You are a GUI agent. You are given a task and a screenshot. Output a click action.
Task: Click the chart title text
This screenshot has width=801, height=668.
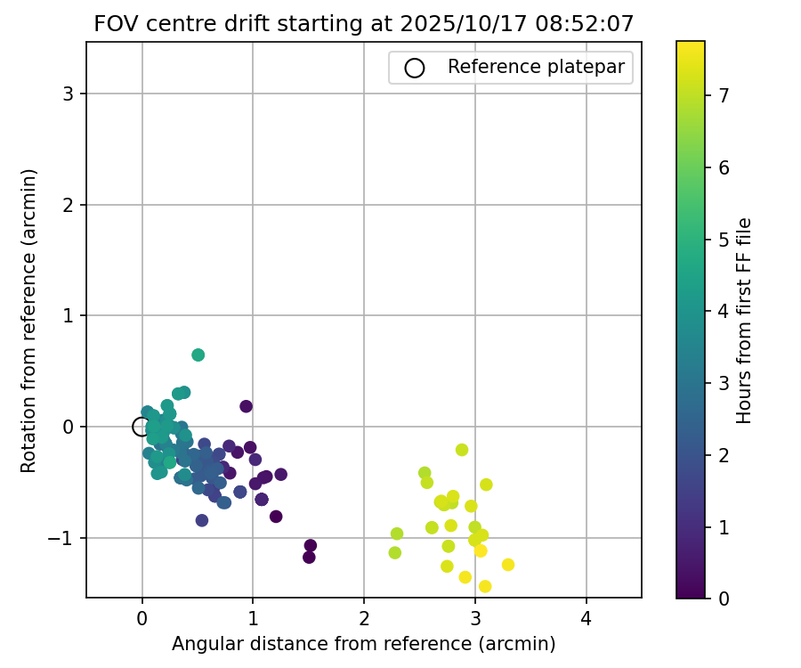click(364, 24)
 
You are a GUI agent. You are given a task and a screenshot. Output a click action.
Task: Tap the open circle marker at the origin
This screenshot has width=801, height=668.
click(142, 427)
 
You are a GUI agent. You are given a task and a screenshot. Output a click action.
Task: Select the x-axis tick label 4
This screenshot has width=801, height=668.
click(586, 618)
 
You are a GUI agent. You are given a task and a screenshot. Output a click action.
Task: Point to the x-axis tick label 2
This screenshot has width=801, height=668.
click(364, 618)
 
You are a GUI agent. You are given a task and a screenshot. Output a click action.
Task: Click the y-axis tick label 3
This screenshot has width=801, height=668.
click(69, 94)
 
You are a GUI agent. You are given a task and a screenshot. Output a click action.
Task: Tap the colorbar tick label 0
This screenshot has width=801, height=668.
click(724, 599)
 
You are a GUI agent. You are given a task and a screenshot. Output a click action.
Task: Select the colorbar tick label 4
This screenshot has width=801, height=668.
click(724, 311)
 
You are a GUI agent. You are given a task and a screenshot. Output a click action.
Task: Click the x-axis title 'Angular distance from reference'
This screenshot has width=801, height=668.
click(364, 644)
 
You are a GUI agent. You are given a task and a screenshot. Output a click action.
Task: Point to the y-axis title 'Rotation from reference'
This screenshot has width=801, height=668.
click(29, 320)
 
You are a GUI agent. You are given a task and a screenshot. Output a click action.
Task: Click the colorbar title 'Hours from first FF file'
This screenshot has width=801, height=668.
click(745, 320)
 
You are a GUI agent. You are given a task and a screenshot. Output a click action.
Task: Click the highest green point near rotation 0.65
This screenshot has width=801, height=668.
click(198, 354)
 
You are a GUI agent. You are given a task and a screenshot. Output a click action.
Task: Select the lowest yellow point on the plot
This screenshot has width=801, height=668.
click(485, 586)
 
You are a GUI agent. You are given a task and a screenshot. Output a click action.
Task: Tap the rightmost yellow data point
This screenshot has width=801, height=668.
click(508, 565)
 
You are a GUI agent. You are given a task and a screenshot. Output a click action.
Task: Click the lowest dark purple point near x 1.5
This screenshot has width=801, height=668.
click(309, 558)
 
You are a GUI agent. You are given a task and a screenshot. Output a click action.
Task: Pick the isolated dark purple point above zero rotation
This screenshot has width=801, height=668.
click(247, 406)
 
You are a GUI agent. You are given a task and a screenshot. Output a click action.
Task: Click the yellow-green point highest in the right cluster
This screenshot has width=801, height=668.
click(462, 450)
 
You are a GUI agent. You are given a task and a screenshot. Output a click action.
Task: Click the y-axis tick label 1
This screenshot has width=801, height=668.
click(69, 316)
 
